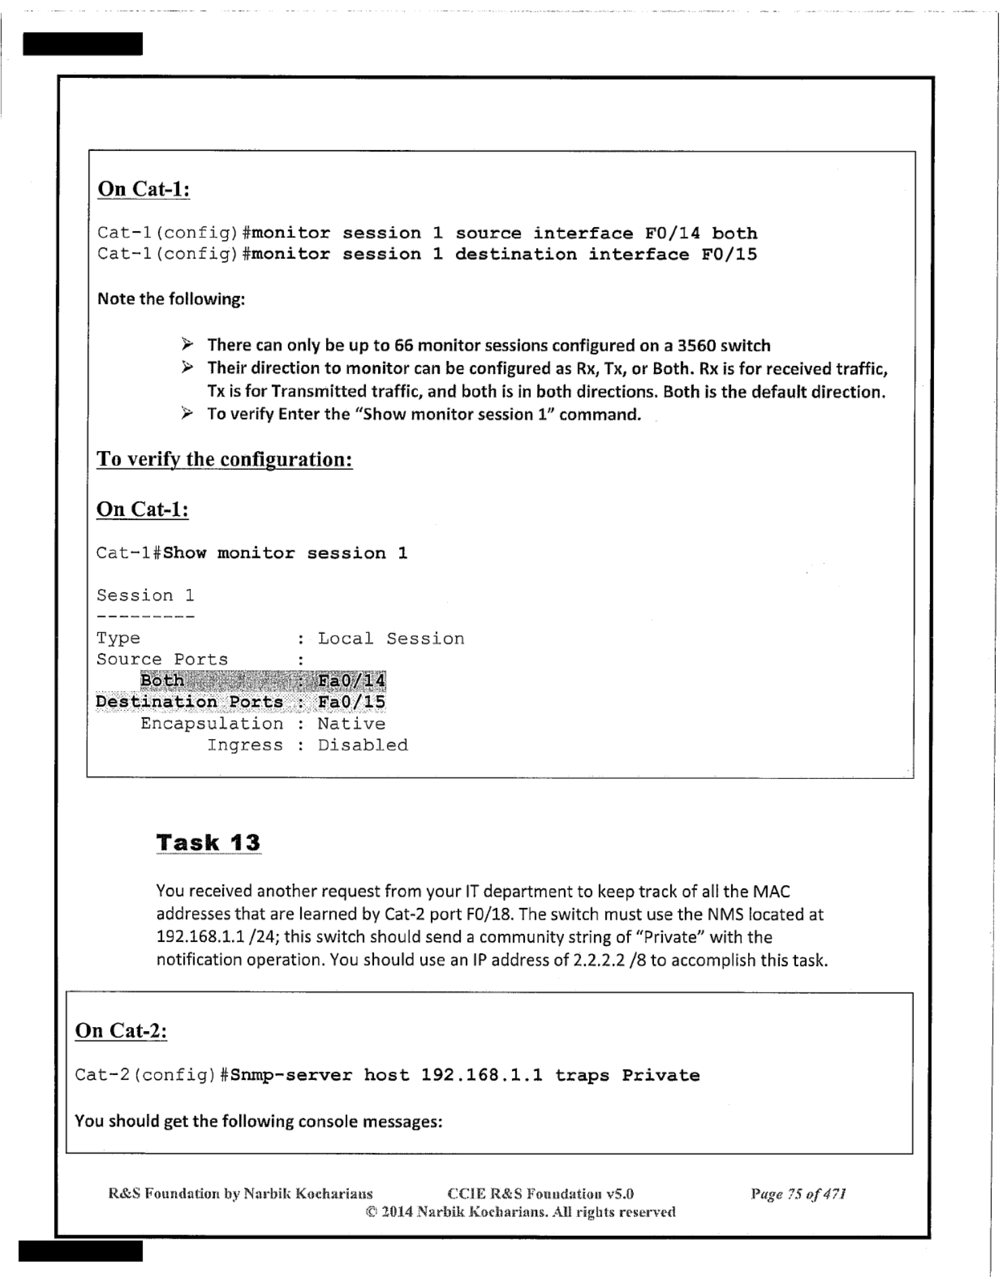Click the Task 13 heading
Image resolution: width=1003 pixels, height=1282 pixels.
pyautogui.click(x=208, y=842)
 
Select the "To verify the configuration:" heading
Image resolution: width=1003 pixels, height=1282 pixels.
pyautogui.click(x=225, y=459)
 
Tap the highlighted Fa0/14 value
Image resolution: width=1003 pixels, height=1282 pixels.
pyautogui.click(x=352, y=680)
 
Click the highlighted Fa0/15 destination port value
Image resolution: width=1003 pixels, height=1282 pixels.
pyautogui.click(x=352, y=702)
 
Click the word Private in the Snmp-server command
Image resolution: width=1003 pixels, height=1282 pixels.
pyautogui.click(x=661, y=1075)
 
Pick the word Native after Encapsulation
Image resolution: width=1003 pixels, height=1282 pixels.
pyautogui.click(x=352, y=723)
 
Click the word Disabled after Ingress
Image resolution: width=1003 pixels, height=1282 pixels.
pyautogui.click(x=363, y=745)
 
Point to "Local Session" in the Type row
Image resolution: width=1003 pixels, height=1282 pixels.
pyautogui.click(x=391, y=638)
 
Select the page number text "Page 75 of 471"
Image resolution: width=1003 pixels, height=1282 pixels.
pyautogui.click(x=798, y=1194)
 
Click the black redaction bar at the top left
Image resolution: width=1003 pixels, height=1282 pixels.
pyautogui.click(x=83, y=44)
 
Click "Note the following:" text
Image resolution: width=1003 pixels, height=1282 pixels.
pyautogui.click(x=171, y=299)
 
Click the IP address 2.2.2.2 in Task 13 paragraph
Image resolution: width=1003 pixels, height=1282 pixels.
pyautogui.click(x=598, y=960)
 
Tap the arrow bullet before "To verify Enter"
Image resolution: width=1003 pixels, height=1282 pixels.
pyautogui.click(x=187, y=413)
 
